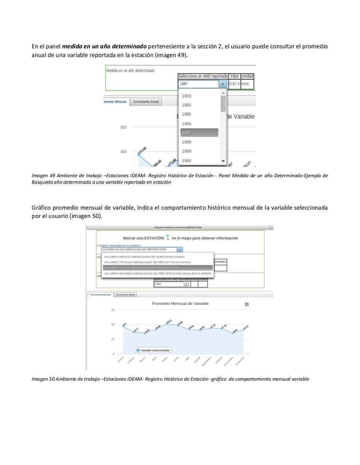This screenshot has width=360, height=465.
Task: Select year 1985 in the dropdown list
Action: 187,114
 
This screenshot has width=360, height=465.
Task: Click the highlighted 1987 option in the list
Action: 199,133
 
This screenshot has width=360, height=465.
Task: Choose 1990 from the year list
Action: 187,161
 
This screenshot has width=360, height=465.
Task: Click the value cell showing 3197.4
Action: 234,84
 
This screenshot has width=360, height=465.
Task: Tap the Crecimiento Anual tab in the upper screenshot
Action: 146,102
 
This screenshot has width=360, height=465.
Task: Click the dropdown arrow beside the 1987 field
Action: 223,84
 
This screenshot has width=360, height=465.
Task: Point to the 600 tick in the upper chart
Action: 124,128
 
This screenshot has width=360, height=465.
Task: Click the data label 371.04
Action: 142,150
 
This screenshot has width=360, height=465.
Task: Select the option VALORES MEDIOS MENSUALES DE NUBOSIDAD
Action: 144,257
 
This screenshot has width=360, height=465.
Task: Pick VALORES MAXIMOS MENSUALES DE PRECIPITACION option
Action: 157,274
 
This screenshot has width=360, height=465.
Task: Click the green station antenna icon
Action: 168,237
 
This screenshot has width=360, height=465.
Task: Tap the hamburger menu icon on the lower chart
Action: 247,304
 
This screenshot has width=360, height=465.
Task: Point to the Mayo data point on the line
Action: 167,323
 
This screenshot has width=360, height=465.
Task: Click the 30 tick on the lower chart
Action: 113,310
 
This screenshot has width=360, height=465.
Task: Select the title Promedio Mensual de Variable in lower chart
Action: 180,304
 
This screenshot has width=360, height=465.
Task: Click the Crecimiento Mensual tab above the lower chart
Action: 101,295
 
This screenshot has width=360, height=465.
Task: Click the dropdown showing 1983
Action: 171,284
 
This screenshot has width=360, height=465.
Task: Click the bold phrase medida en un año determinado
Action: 104,46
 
